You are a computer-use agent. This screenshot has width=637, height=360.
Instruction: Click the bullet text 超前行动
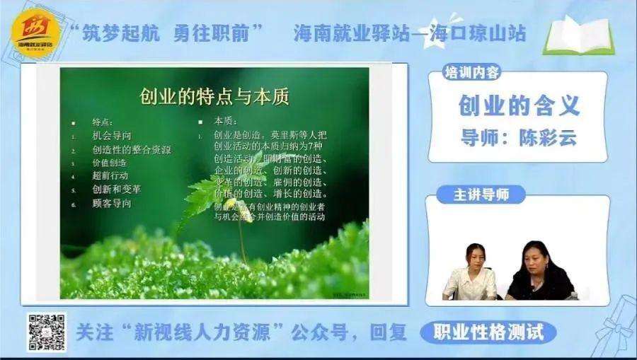coord(110,176)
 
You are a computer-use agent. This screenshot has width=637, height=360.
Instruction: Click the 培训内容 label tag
coord(471,72)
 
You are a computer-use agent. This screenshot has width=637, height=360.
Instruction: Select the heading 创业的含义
coord(519,105)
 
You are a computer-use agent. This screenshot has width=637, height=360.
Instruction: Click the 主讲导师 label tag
coord(481,194)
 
